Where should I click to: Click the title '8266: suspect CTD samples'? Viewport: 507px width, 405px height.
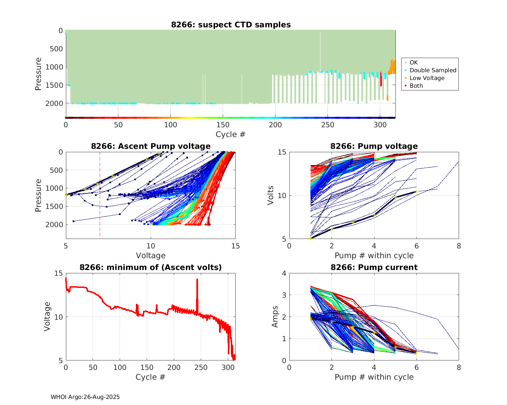coord(231,25)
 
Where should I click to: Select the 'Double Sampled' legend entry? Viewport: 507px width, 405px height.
coord(433,70)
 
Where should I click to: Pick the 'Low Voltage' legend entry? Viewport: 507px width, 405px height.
coord(427,78)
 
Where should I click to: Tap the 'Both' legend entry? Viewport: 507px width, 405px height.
coord(416,86)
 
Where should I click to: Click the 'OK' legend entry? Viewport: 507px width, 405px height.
coord(413,62)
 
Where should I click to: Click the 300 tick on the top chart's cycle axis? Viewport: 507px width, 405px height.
coord(380,125)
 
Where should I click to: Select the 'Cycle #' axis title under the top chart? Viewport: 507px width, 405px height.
coord(231,134)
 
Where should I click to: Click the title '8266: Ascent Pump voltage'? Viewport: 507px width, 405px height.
coord(151,146)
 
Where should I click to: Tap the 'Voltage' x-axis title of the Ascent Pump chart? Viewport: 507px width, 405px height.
coord(151,255)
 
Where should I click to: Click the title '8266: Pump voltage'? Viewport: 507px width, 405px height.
coord(374,146)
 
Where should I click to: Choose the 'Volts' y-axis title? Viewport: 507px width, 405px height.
coord(271,196)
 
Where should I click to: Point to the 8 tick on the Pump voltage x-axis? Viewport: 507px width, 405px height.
coord(459,246)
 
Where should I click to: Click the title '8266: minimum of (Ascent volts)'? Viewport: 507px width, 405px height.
coord(151,267)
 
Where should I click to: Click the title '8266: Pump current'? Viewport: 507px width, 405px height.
coord(374,267)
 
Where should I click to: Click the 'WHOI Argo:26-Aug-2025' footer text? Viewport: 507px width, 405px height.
coord(85,397)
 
